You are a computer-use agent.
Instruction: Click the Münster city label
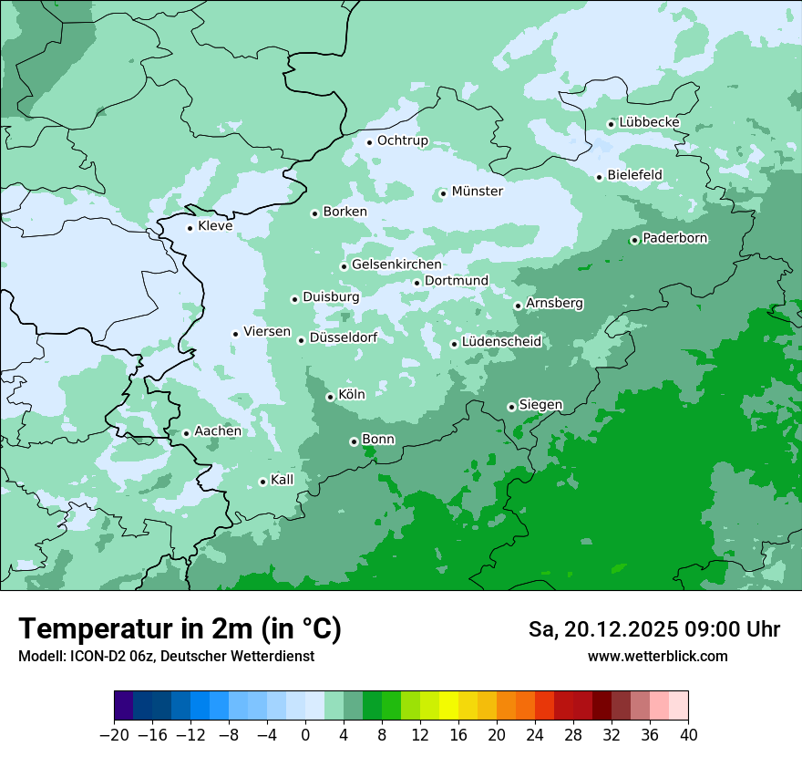click(477, 192)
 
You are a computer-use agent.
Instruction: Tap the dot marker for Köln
click(330, 397)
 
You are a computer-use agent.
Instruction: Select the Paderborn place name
click(674, 238)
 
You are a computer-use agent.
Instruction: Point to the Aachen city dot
click(186, 433)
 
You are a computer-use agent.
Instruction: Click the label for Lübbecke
click(649, 122)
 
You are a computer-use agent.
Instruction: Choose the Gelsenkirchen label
click(396, 264)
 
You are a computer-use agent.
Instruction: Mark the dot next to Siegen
click(511, 407)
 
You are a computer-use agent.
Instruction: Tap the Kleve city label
click(215, 226)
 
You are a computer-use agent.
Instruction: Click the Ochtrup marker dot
click(369, 141)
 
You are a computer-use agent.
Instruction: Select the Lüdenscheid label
click(501, 342)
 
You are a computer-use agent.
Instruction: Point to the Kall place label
click(283, 480)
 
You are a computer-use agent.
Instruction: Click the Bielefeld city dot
click(599, 177)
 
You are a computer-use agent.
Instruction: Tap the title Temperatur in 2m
click(180, 629)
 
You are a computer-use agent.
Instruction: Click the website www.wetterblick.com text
click(657, 656)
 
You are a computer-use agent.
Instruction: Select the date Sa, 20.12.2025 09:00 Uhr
click(653, 629)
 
